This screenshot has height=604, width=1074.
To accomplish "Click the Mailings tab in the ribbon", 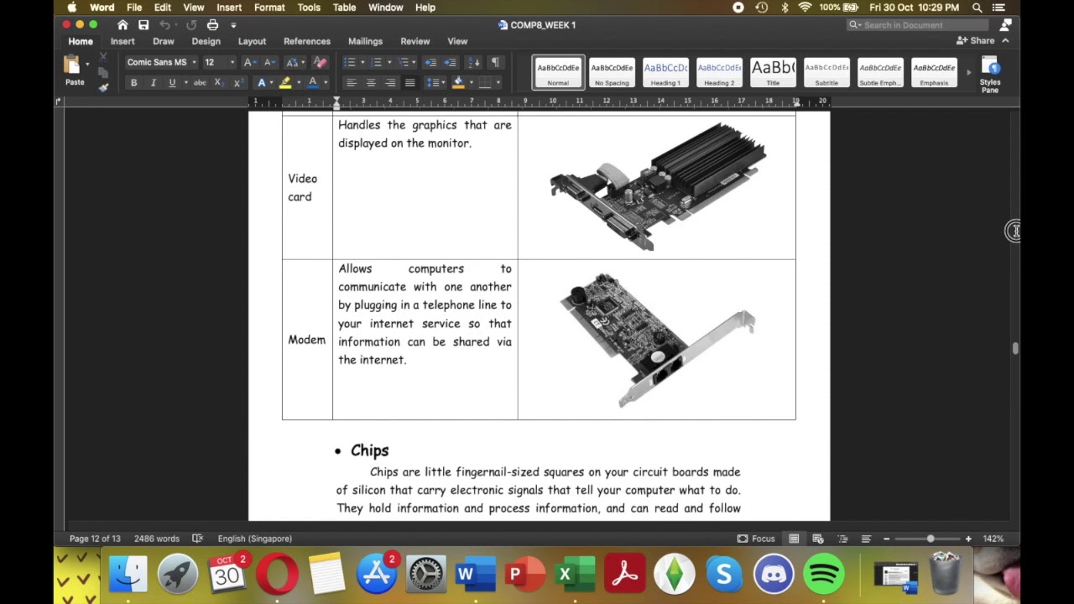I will point(365,41).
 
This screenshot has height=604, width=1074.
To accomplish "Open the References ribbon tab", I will point(306,41).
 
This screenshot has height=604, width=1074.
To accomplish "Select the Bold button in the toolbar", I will point(133,83).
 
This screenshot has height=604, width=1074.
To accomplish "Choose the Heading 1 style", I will point(665,72).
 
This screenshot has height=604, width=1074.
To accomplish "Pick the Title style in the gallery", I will point(773,72).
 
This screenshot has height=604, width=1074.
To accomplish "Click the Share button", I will point(976,40).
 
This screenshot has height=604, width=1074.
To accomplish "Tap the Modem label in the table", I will point(306,340).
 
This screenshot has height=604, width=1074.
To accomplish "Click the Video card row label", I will point(302,187).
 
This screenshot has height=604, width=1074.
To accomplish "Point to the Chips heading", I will point(369,450).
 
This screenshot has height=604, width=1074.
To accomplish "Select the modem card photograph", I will point(657,339).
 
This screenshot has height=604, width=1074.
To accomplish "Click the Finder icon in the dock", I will point(128,575).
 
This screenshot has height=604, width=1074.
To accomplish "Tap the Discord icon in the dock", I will point(774,575).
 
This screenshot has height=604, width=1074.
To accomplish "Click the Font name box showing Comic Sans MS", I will point(158,62).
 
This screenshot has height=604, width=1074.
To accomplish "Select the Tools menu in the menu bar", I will point(309,8).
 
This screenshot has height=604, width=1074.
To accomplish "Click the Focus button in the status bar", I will point(756,539).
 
